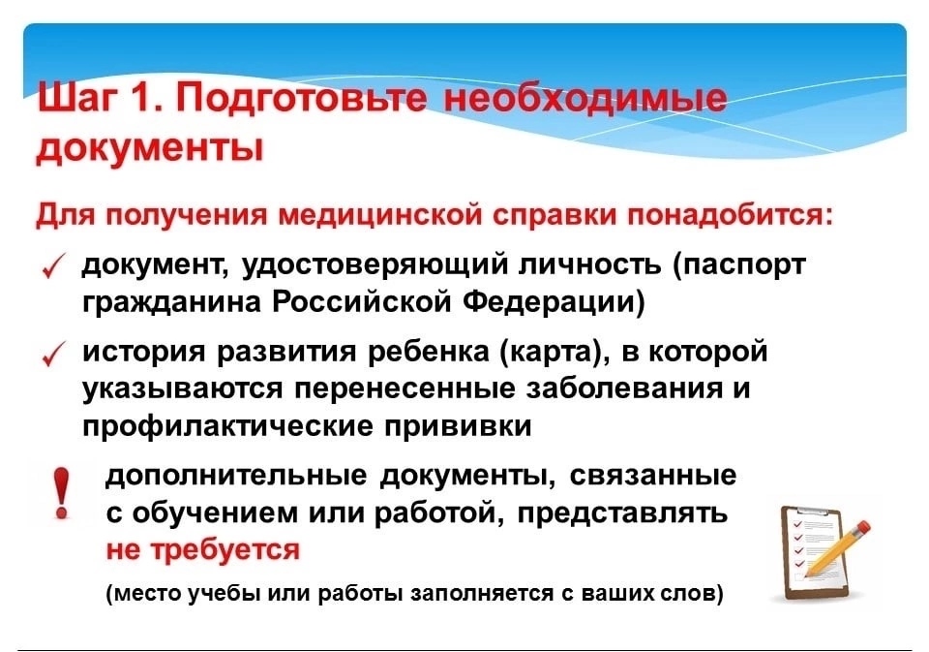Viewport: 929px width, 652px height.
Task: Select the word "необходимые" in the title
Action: click(x=584, y=98)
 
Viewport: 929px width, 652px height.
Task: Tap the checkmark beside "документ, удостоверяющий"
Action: click(x=53, y=267)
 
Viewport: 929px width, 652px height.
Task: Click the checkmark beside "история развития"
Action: click(x=53, y=356)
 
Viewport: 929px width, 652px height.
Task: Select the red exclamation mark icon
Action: click(x=61, y=493)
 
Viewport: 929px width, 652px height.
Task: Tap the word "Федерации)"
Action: click(x=553, y=302)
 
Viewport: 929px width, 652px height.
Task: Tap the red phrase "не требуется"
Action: click(x=203, y=550)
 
